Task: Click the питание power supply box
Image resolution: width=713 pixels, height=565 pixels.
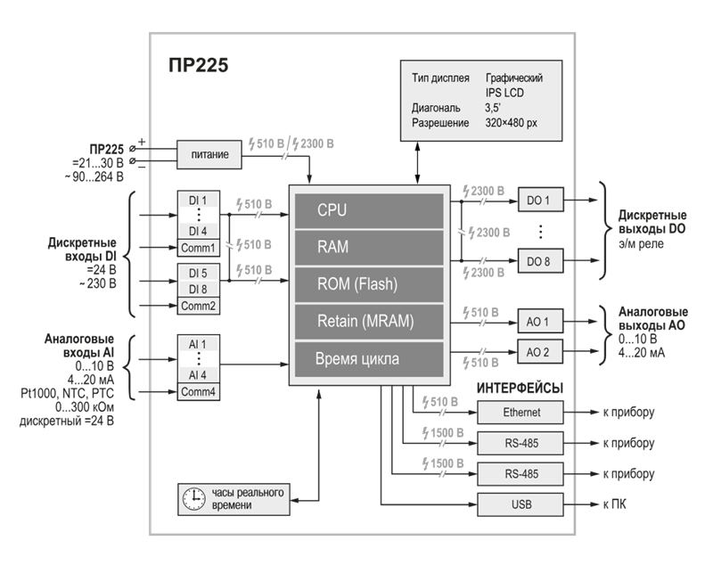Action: pyautogui.click(x=210, y=155)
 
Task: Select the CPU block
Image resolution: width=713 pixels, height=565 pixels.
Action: pyautogui.click(x=367, y=210)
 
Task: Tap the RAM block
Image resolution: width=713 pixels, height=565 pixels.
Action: pyautogui.click(x=367, y=247)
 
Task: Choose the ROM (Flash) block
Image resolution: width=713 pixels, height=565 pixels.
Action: pyautogui.click(x=367, y=284)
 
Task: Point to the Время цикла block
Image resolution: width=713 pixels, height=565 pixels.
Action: pyautogui.click(x=367, y=360)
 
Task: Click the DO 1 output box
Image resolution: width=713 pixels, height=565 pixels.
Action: pyautogui.click(x=539, y=201)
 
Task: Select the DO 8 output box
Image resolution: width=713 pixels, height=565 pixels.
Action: pyautogui.click(x=539, y=260)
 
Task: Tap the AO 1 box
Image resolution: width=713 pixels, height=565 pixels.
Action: pyautogui.click(x=539, y=321)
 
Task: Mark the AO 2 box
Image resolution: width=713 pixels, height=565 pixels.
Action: pyautogui.click(x=539, y=353)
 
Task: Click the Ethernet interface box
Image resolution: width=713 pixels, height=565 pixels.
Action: pyautogui.click(x=521, y=413)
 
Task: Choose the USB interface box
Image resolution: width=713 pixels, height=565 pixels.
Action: pyautogui.click(x=521, y=505)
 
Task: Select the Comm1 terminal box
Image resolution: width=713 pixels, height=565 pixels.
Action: pyautogui.click(x=198, y=248)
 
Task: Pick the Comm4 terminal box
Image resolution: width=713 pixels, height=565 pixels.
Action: pyautogui.click(x=198, y=391)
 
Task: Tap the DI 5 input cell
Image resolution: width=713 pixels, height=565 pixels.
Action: pyautogui.click(x=198, y=273)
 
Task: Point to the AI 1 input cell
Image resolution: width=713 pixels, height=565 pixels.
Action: pyautogui.click(x=198, y=343)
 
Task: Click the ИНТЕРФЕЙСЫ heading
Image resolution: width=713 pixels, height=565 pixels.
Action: pyautogui.click(x=520, y=389)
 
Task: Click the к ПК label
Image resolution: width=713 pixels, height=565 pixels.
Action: pyautogui.click(x=616, y=505)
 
